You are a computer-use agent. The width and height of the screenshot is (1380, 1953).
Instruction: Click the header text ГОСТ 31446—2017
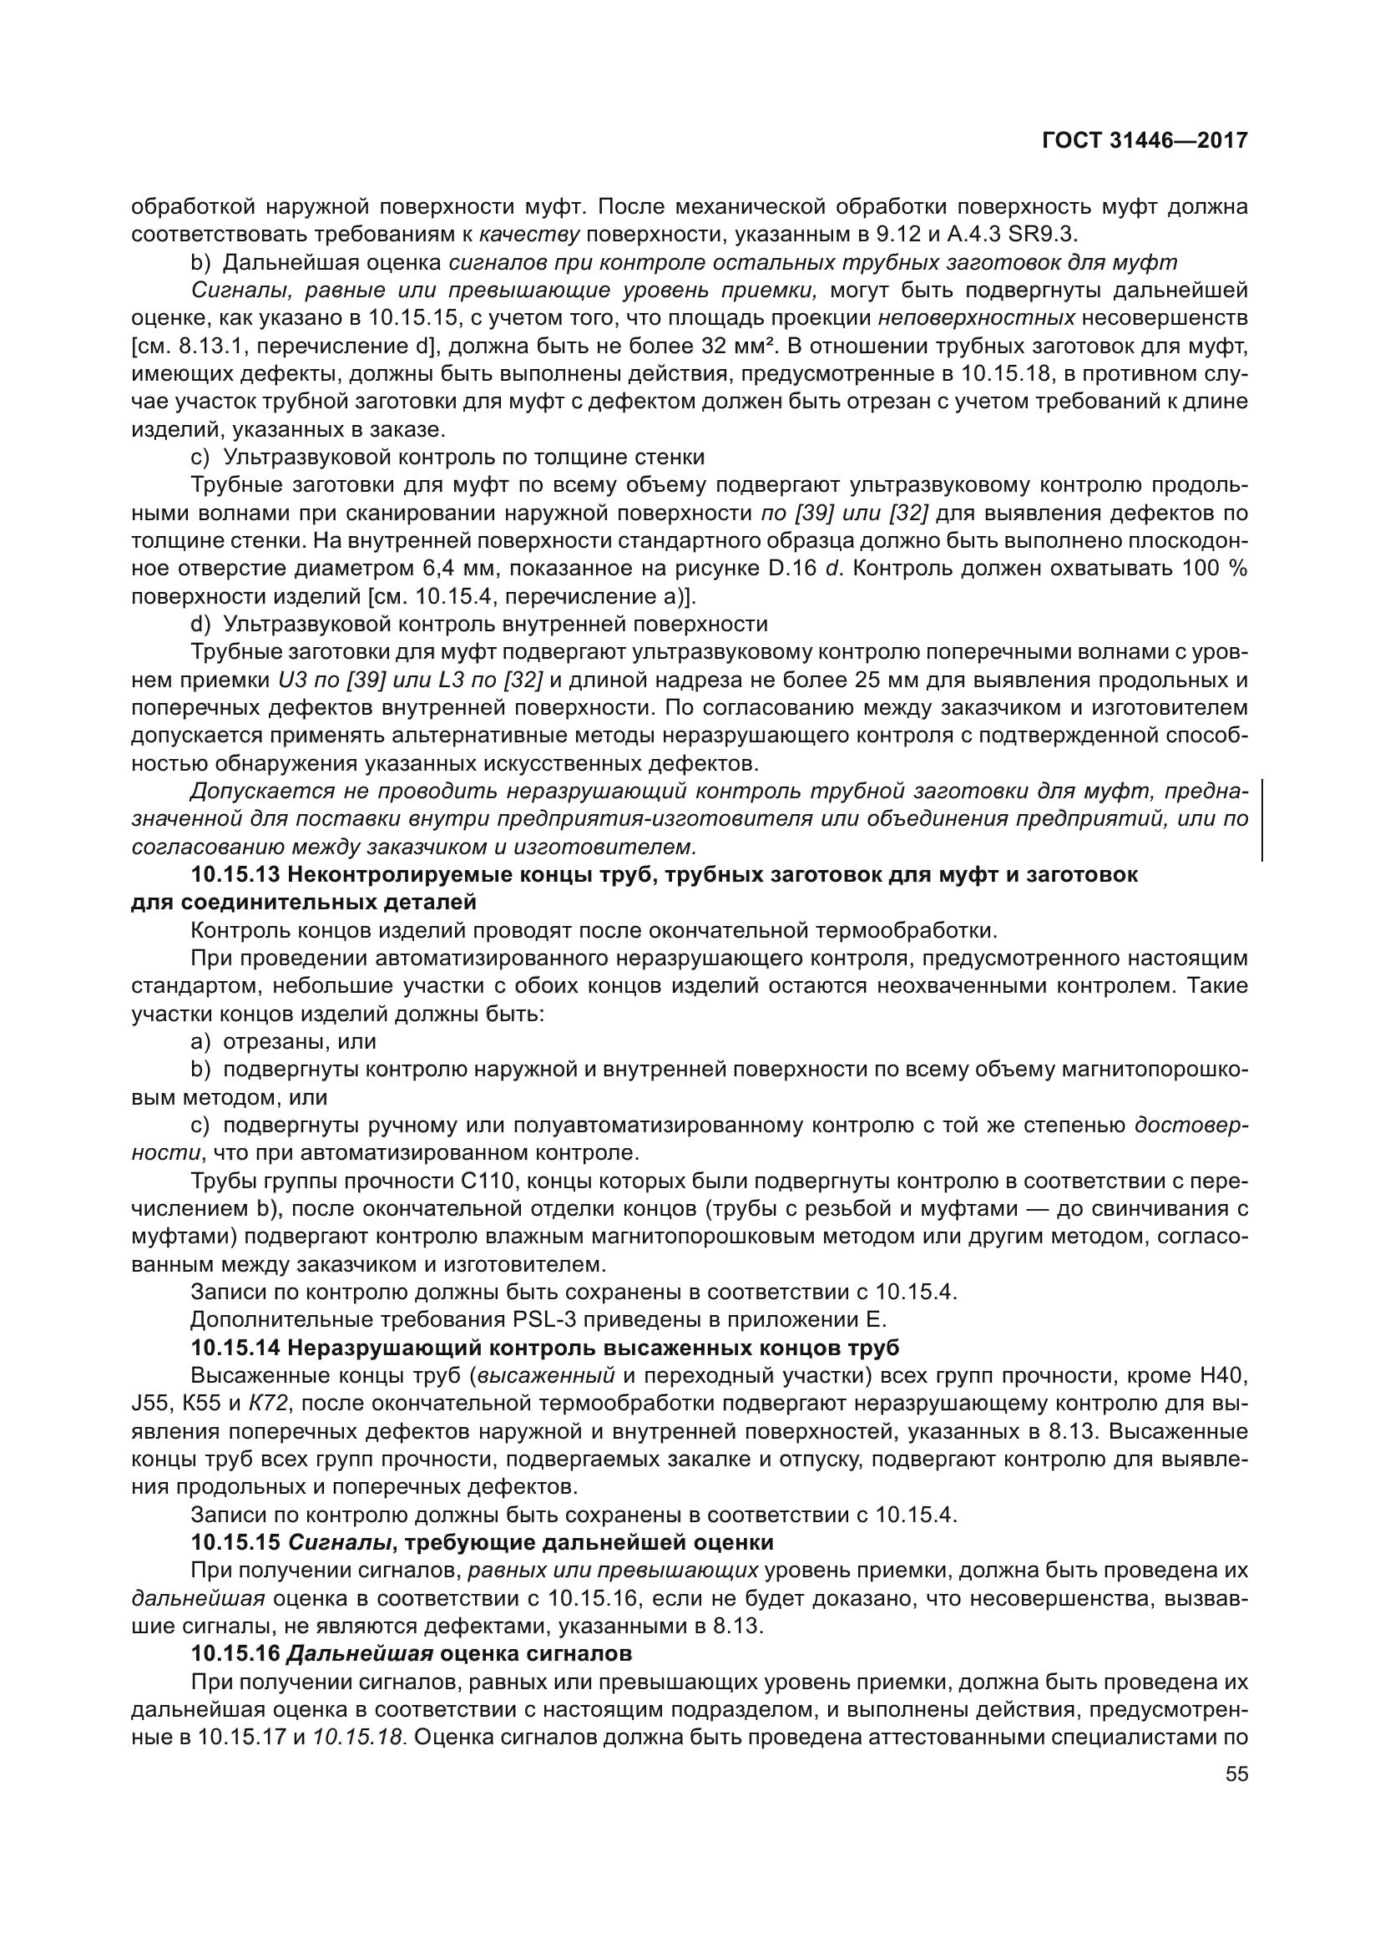click(x=1145, y=141)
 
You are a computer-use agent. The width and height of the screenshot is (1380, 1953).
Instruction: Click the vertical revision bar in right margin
click(x=1261, y=820)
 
